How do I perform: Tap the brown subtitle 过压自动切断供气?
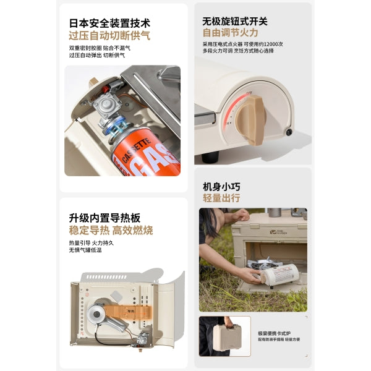pyautogui.click(x=109, y=36)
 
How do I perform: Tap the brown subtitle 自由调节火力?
pyautogui.click(x=230, y=33)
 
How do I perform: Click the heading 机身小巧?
pyautogui.click(x=221, y=185)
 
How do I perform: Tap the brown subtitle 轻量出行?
pyautogui.click(x=221, y=198)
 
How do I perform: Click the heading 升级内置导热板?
pyautogui.click(x=104, y=218)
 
